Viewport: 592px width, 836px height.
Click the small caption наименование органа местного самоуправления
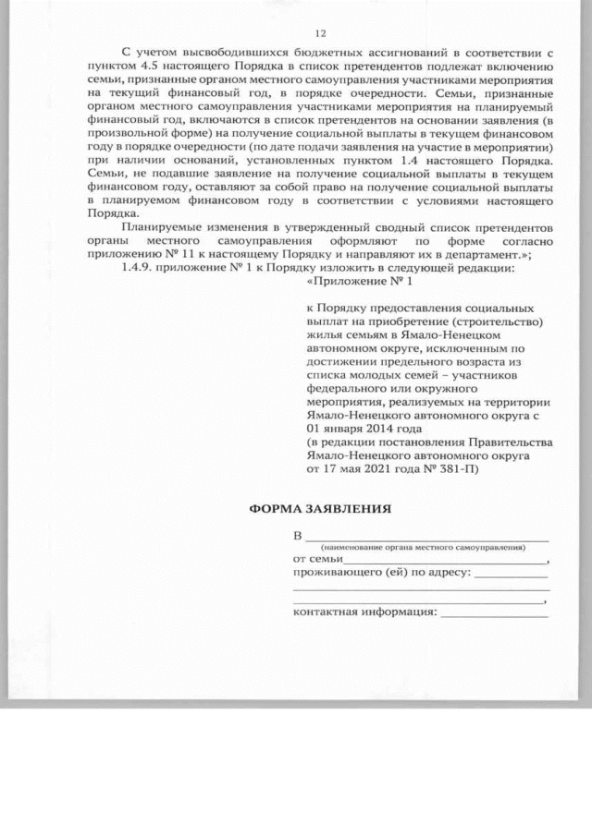pyautogui.click(x=421, y=547)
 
